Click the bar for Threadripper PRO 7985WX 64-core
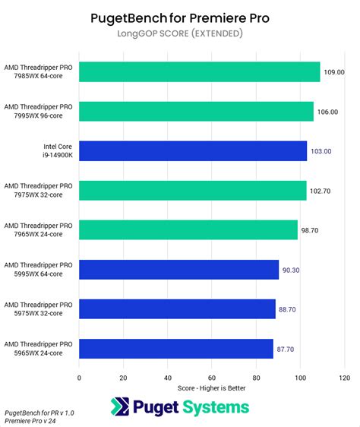tap(199, 72)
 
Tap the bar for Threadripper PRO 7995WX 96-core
tap(196, 112)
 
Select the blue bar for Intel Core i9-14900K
tap(193, 151)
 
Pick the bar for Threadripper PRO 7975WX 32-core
tap(192, 191)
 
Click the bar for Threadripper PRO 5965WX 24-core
tap(175, 349)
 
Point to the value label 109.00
tap(335, 72)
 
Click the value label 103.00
tap(321, 151)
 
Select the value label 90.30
tap(293, 270)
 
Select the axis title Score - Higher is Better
tap(211, 388)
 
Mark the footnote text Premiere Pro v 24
tap(35, 420)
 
